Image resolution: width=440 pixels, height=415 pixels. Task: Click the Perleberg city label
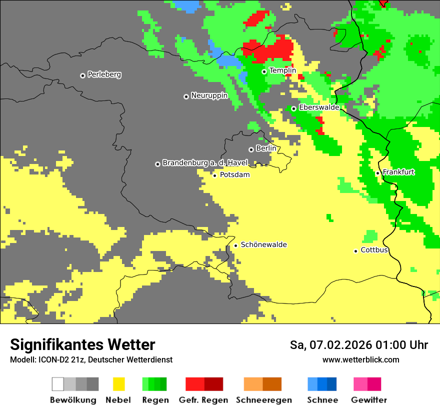tap(104, 74)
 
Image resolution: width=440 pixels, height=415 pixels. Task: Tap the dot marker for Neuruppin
tap(186, 96)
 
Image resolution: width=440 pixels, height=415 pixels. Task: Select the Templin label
tap(282, 70)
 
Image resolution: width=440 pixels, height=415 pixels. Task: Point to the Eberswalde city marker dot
tap(293, 108)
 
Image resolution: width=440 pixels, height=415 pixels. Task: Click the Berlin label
tap(266, 148)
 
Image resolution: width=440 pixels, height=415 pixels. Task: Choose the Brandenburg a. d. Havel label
tap(205, 163)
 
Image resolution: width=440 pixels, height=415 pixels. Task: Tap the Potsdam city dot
tap(214, 175)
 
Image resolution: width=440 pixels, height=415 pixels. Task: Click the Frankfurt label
tap(398, 172)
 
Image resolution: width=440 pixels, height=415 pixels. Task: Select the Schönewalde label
tap(263, 244)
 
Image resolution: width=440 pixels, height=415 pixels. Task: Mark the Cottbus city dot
tap(355, 251)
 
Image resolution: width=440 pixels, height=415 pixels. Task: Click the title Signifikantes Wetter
tap(82, 344)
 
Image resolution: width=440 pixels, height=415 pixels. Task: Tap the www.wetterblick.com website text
tap(360, 359)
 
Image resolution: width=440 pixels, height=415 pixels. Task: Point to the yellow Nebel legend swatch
tap(118, 384)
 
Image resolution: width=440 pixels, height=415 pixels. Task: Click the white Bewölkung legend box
tap(57, 384)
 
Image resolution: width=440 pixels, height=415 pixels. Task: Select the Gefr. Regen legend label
tap(203, 400)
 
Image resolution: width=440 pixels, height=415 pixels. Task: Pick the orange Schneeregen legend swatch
tap(253, 384)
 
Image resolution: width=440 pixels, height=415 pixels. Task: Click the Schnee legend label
tap(322, 400)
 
